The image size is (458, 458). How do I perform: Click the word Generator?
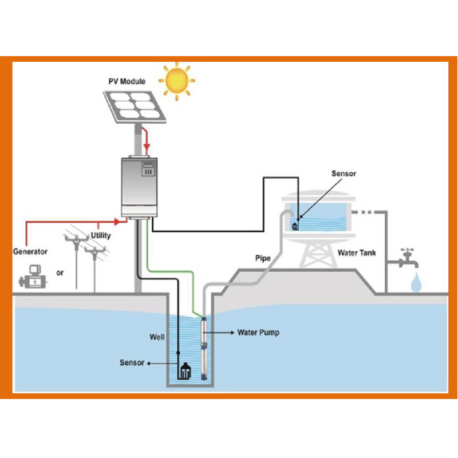tap(30, 251)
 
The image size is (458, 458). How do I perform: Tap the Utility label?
tap(101, 235)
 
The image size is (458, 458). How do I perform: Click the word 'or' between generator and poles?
tap(60, 273)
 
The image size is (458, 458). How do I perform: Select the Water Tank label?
tap(357, 252)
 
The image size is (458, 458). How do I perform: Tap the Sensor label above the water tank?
tap(343, 173)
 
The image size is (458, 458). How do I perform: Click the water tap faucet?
tap(408, 260)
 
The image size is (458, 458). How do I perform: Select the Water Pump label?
tap(258, 332)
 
